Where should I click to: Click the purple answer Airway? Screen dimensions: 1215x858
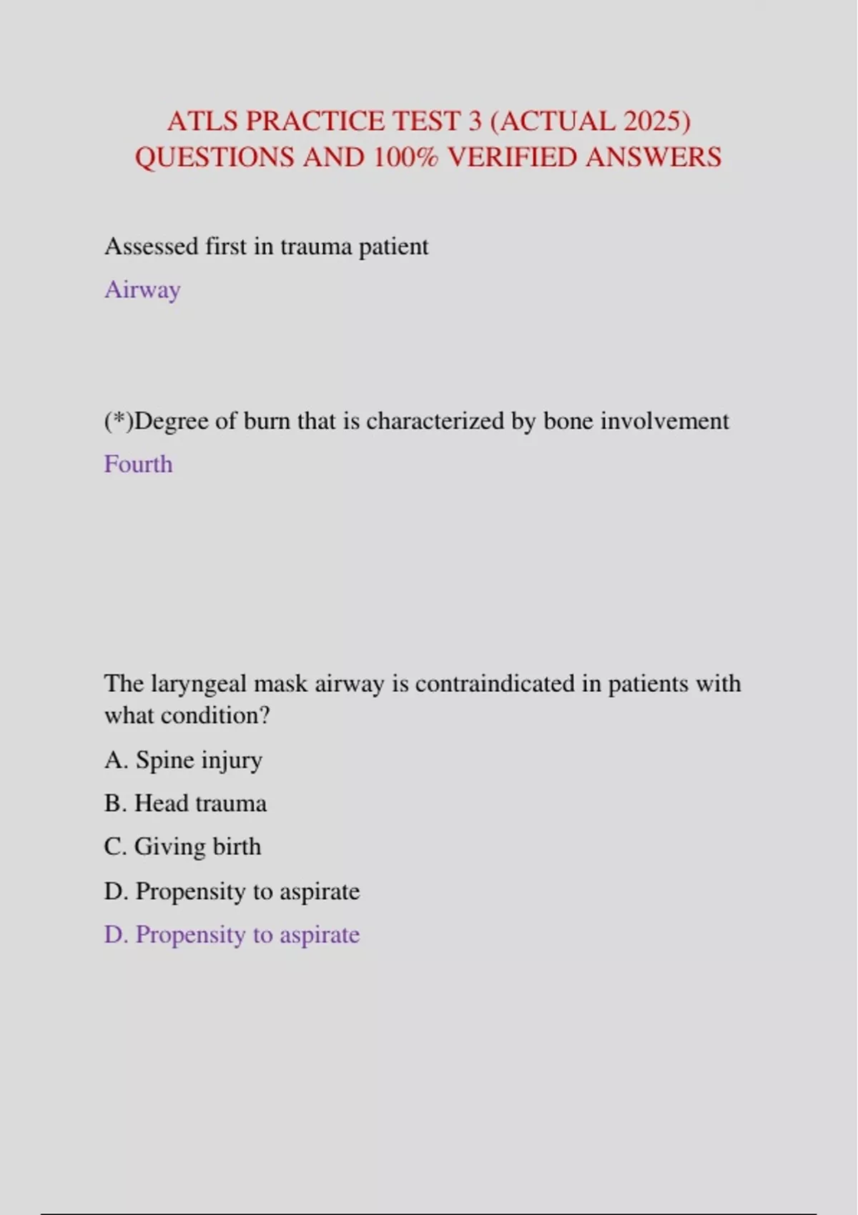(x=142, y=290)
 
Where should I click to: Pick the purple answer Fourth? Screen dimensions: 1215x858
(x=138, y=465)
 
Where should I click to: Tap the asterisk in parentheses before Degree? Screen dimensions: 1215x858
(x=119, y=421)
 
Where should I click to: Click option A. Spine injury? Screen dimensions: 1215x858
(x=183, y=760)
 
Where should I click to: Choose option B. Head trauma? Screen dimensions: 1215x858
(x=185, y=803)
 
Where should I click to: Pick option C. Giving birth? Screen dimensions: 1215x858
(x=182, y=847)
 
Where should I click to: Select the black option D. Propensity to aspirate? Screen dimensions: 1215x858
(x=232, y=891)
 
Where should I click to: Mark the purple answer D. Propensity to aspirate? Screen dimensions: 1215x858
(x=232, y=935)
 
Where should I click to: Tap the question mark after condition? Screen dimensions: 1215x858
(x=265, y=715)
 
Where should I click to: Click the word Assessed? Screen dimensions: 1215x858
(x=151, y=247)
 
